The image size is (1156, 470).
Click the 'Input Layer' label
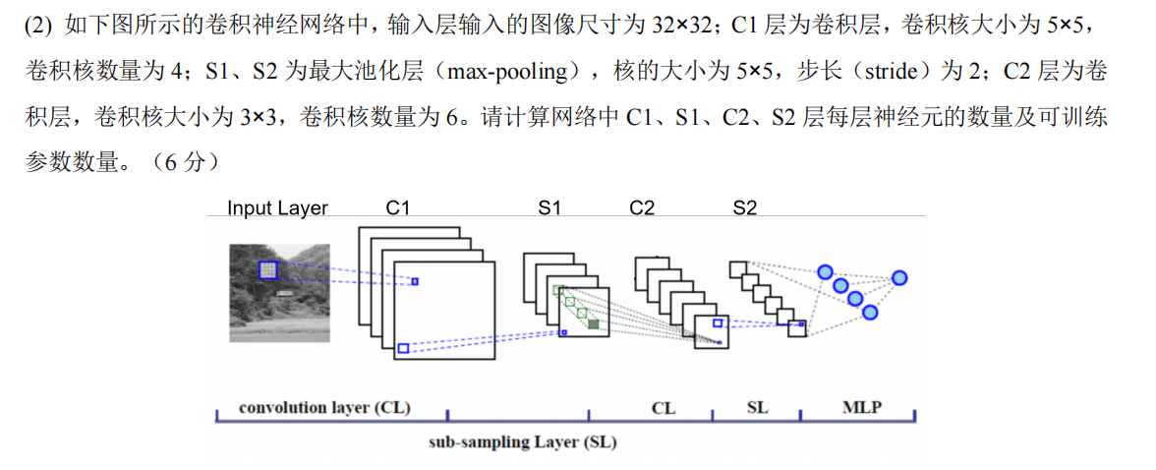[x=277, y=207]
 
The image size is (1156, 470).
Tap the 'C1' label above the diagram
[x=398, y=207]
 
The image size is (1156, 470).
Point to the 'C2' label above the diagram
[x=641, y=207]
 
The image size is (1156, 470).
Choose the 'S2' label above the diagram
[x=745, y=207]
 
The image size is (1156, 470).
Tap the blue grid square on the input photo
[x=268, y=270]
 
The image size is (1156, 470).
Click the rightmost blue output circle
[x=898, y=278]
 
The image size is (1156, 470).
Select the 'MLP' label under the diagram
[x=862, y=406]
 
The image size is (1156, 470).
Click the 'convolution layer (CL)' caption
[x=324, y=407]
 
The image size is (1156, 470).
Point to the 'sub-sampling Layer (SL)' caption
[x=522, y=441]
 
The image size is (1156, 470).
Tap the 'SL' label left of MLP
[x=757, y=407]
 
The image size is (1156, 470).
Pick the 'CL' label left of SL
[x=664, y=407]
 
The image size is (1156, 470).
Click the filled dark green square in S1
[x=595, y=323]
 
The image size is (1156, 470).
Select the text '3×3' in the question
[x=259, y=117]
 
